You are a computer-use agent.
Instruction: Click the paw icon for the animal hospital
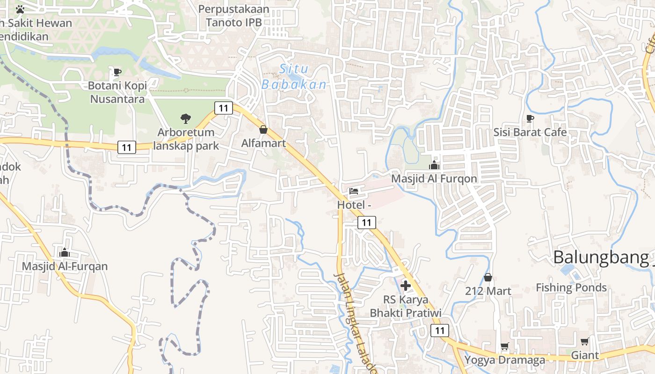[20, 9]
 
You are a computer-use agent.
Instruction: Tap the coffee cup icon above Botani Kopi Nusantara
[117, 72]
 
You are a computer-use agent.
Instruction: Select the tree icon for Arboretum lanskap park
[186, 119]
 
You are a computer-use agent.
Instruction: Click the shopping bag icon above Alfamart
[263, 129]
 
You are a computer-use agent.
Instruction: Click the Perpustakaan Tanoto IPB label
[233, 15]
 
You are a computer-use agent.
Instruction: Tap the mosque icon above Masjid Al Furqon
[434, 165]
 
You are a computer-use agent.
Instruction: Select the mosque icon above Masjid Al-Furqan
[65, 253]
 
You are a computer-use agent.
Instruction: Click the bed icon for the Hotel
[354, 191]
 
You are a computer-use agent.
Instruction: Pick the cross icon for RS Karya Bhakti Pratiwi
[406, 285]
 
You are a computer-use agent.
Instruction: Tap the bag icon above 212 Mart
[488, 278]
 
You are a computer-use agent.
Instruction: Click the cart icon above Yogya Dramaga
[504, 346]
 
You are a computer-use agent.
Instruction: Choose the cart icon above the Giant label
[584, 342]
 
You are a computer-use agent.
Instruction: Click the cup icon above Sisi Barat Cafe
[530, 119]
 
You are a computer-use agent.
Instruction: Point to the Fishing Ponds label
[571, 288]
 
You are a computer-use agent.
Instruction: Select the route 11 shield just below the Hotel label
[367, 223]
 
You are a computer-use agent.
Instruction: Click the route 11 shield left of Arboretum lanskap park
[126, 147]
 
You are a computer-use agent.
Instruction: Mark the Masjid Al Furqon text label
[434, 179]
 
